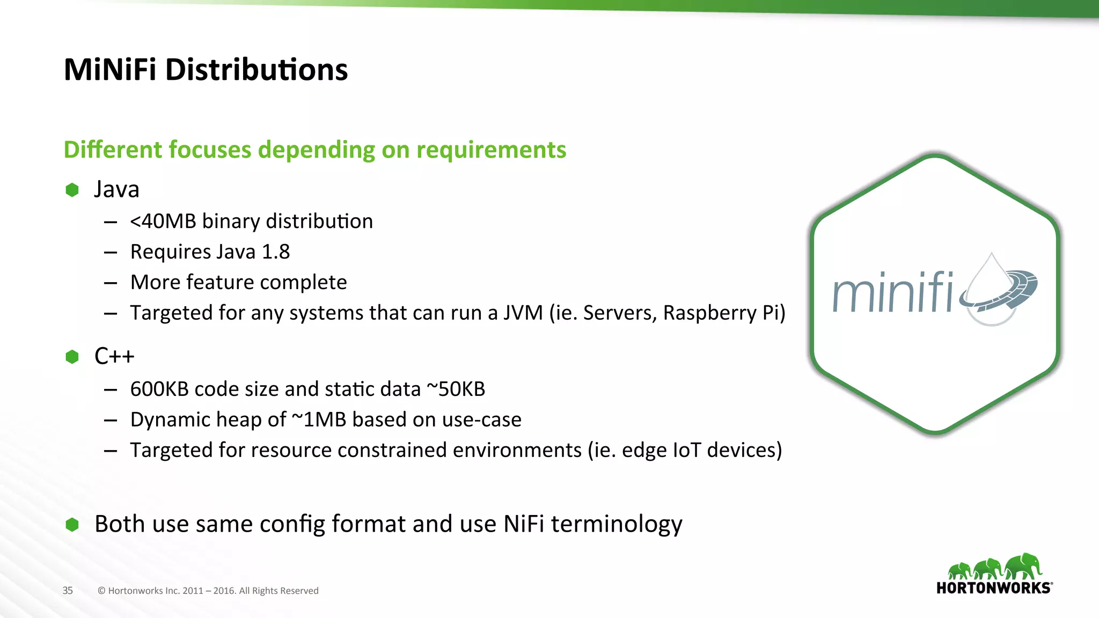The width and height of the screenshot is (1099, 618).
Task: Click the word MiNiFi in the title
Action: tap(109, 70)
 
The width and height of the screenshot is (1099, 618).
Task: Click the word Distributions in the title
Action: tap(257, 70)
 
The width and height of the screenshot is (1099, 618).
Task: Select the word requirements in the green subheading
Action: tap(491, 150)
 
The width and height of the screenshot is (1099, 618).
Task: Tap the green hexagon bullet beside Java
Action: tap(72, 190)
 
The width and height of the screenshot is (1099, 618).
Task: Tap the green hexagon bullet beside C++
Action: tap(72, 357)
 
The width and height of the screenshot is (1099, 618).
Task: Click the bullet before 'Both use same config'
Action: tap(72, 524)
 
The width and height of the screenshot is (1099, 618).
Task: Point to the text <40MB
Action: tap(163, 222)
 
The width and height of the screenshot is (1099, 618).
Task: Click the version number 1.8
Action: tap(276, 252)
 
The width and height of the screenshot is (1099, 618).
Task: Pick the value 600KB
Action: tap(159, 389)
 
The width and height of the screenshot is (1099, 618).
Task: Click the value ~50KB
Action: tap(456, 389)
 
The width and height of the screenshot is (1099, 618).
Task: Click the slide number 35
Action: tap(68, 591)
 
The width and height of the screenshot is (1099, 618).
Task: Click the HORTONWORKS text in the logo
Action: tap(993, 588)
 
